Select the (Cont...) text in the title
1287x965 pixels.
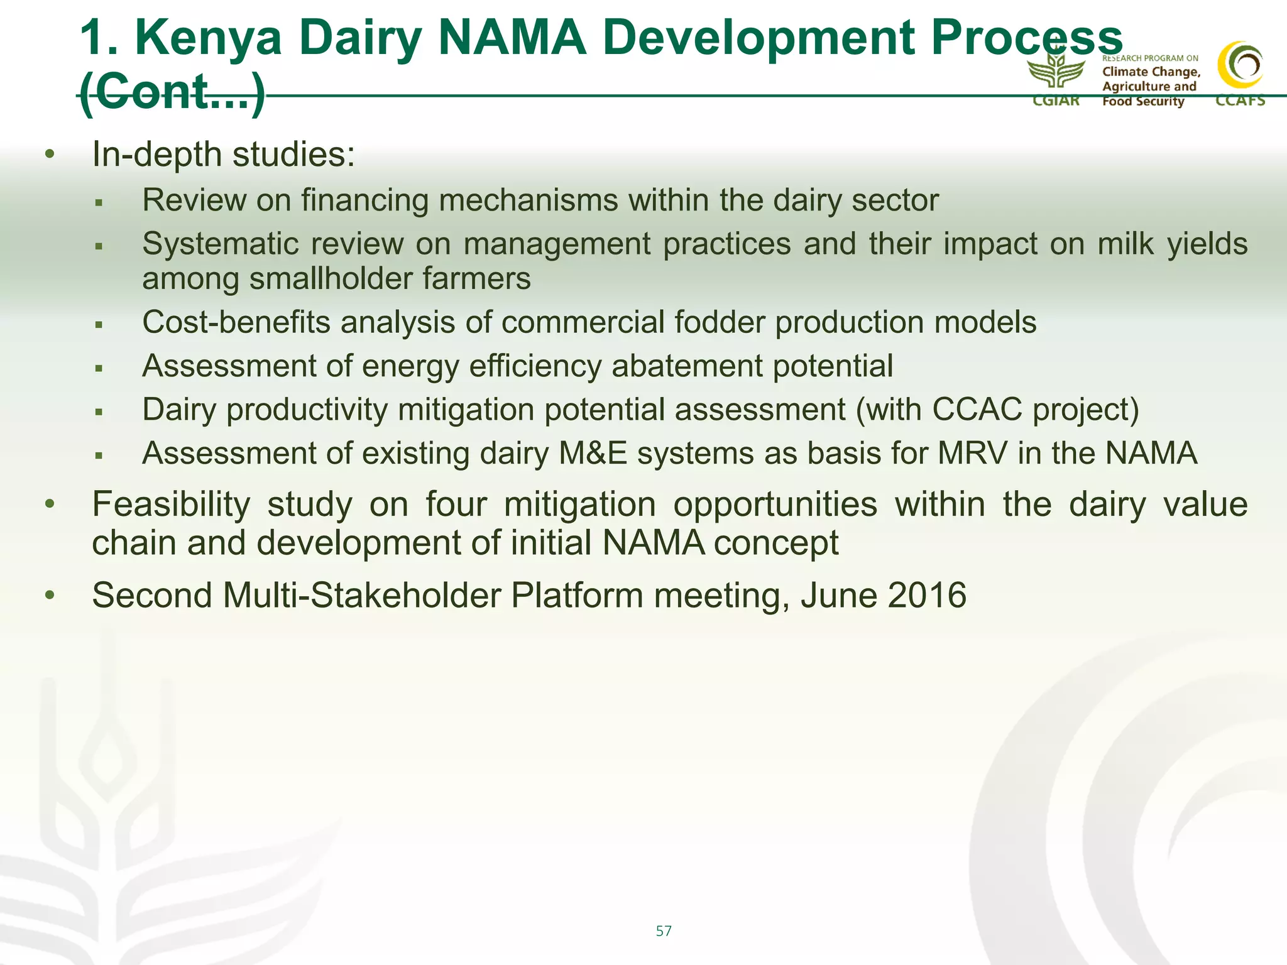click(x=172, y=92)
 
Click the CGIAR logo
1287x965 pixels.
click(x=1056, y=79)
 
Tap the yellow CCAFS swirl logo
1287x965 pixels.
click(x=1240, y=66)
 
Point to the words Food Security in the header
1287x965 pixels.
click(x=1142, y=102)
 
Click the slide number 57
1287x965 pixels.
click(x=664, y=930)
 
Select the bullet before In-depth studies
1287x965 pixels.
click(x=50, y=155)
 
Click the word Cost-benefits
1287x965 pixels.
click(x=236, y=322)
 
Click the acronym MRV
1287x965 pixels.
click(x=972, y=454)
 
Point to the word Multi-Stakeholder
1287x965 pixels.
click(x=361, y=595)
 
